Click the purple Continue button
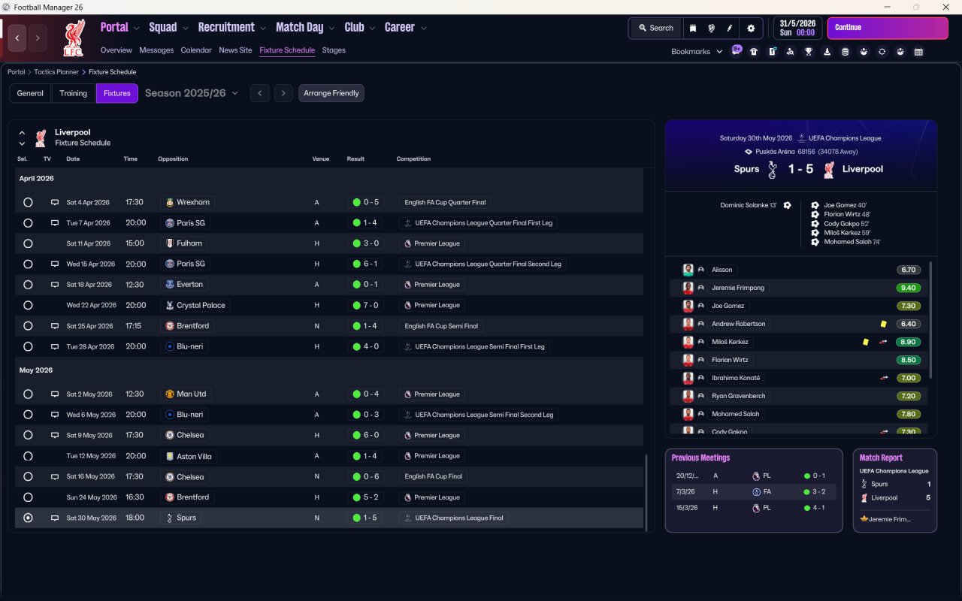[x=887, y=28]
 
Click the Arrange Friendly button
[x=331, y=93]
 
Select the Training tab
[x=74, y=93]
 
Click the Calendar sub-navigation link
[x=196, y=50]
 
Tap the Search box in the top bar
[x=655, y=28]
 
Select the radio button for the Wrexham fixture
[x=28, y=202]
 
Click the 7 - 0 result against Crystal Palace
[x=371, y=305]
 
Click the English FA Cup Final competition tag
[x=434, y=476]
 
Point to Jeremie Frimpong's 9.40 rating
[x=908, y=288]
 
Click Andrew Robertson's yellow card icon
[x=883, y=324]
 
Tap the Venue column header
[x=321, y=159]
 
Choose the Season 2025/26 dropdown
[x=191, y=93]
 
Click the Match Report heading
[x=881, y=458]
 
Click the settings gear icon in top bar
[x=750, y=28]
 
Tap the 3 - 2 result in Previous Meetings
[x=818, y=491]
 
